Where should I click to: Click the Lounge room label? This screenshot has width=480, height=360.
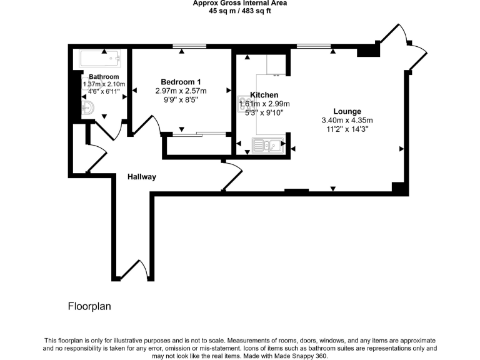click(x=347, y=111)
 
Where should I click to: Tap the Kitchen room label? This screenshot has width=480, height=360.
click(x=264, y=95)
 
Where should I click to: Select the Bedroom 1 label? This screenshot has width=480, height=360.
click(x=181, y=82)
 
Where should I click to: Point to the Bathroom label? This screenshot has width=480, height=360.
click(x=104, y=77)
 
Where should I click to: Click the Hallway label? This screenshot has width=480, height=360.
click(x=142, y=177)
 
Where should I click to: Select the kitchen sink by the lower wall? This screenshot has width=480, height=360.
click(x=267, y=146)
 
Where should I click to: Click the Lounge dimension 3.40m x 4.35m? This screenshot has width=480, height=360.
click(x=347, y=121)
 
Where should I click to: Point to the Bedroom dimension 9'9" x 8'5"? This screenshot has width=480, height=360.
click(x=181, y=99)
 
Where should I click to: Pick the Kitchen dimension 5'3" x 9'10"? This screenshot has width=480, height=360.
click(x=264, y=113)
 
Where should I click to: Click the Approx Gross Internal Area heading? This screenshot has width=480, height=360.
click(x=240, y=3)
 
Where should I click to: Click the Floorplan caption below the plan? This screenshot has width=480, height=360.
click(x=89, y=307)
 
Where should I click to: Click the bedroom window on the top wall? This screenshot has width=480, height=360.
click(x=189, y=46)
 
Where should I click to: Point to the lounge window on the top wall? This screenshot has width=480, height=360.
click(x=314, y=46)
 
